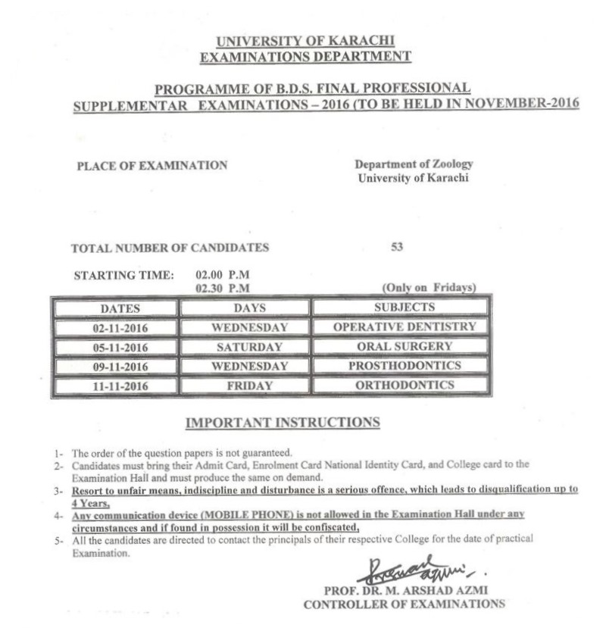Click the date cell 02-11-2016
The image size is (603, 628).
pyautogui.click(x=114, y=327)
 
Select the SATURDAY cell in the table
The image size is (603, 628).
pyautogui.click(x=244, y=347)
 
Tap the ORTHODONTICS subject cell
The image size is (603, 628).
pyautogui.click(x=404, y=386)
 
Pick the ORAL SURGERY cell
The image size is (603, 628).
pyautogui.click(x=404, y=346)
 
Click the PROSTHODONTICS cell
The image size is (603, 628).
pyautogui.click(x=404, y=366)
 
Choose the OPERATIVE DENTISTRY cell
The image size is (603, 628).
pyautogui.click(x=404, y=326)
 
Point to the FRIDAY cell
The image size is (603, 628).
pyautogui.click(x=244, y=386)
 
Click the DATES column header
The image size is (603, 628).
pyautogui.click(x=114, y=308)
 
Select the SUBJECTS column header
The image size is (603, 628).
pyautogui.click(x=404, y=307)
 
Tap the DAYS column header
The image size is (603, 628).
pyautogui.click(x=244, y=308)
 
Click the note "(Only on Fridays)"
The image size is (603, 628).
pyautogui.click(x=426, y=288)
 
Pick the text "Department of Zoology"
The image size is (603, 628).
pyautogui.click(x=414, y=164)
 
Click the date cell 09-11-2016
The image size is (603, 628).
pyautogui.click(x=114, y=367)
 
